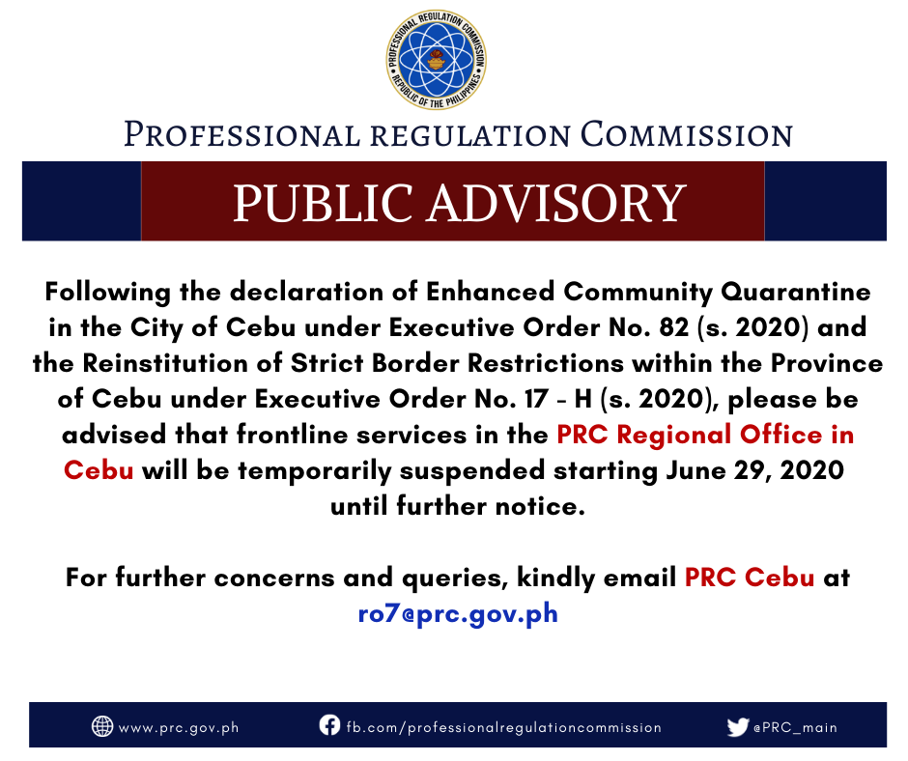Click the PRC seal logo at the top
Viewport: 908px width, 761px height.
(x=437, y=60)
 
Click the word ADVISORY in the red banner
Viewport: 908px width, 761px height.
(x=556, y=203)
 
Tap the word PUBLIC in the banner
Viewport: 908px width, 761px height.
(x=324, y=203)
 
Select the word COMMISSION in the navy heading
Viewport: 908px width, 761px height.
(x=687, y=134)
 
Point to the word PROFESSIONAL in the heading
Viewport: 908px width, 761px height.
(x=242, y=134)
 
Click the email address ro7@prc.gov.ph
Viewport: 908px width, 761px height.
(x=458, y=613)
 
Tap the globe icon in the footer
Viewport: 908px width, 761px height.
(x=102, y=725)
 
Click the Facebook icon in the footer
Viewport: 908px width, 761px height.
(x=329, y=724)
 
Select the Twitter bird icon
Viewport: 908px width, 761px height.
(x=738, y=727)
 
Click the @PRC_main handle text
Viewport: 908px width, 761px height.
(x=795, y=727)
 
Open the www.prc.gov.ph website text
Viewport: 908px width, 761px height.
(x=179, y=728)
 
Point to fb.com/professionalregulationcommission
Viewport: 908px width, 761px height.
(x=504, y=727)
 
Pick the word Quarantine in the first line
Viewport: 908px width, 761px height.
(x=795, y=292)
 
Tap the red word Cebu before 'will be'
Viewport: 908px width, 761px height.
(x=99, y=470)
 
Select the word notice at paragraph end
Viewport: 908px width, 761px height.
(x=540, y=506)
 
